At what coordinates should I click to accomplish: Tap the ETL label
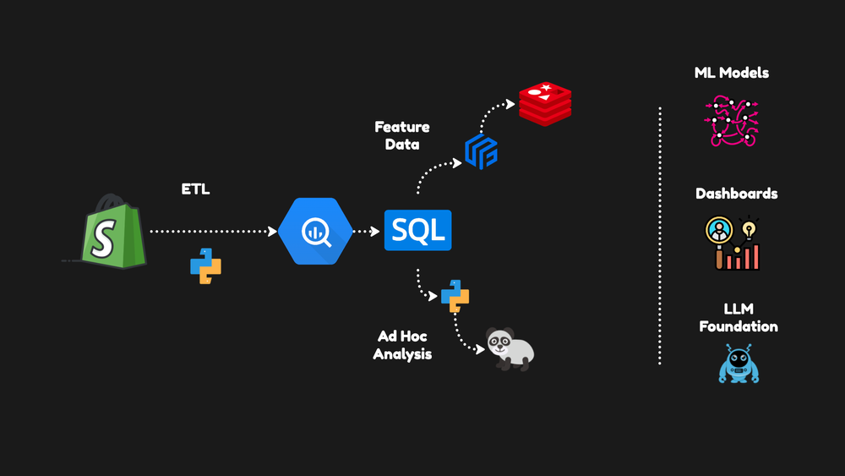195,189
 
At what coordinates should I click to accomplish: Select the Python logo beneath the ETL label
205,265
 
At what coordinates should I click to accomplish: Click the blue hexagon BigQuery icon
315,232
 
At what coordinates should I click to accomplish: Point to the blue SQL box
417,231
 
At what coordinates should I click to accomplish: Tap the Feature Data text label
402,135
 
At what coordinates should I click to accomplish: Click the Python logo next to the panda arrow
455,296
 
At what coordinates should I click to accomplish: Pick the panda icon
511,348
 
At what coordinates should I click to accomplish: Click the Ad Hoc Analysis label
402,345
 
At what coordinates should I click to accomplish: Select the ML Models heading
731,73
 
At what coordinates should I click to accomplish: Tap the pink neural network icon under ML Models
731,121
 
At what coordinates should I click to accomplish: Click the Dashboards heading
736,194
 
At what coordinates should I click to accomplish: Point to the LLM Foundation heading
738,318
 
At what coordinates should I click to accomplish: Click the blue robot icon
739,364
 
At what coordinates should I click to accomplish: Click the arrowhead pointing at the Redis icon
510,105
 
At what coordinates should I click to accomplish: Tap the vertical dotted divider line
659,237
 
